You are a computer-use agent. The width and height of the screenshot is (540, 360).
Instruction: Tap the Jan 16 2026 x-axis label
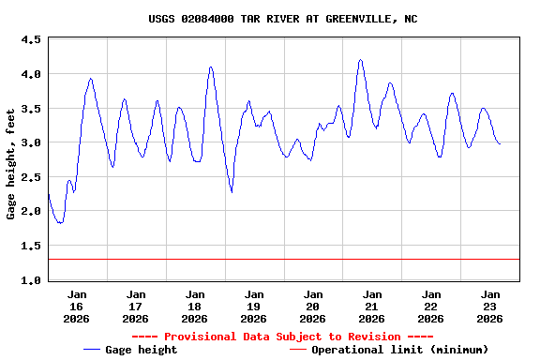pos(77,306)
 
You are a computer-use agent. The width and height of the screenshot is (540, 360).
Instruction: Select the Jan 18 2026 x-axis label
pos(195,306)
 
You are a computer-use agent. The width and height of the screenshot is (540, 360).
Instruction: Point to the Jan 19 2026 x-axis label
pos(254,306)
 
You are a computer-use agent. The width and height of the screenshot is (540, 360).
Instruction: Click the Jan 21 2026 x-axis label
pos(372,306)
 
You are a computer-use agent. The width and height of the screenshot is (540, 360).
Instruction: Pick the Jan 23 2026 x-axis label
pos(490,306)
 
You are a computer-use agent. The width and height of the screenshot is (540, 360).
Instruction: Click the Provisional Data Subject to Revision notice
pos(282,337)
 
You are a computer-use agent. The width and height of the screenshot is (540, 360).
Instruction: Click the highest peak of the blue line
pos(360,60)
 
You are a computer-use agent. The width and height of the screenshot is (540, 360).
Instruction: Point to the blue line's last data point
pos(501,143)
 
